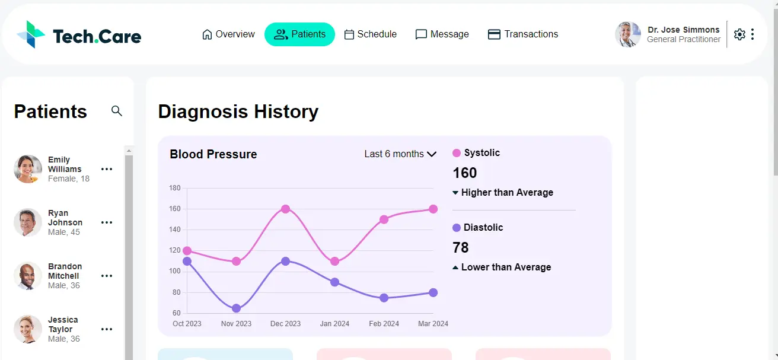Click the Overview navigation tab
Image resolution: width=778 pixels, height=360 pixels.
228,34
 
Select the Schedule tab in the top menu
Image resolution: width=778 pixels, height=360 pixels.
370,34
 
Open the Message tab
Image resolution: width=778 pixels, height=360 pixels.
442,34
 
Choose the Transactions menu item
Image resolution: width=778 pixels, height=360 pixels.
522,34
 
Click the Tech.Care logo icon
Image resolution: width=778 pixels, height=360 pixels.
31,34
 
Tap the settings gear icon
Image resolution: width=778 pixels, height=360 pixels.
739,34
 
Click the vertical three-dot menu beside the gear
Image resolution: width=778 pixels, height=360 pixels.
753,34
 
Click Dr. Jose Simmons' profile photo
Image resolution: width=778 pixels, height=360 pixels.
628,34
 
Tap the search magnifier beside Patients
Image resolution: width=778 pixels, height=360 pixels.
117,111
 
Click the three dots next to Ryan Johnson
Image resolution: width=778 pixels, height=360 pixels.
107,222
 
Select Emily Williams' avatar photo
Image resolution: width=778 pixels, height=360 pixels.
28,169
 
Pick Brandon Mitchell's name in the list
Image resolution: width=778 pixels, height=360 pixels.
65,271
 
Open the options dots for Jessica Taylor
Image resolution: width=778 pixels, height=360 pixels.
107,329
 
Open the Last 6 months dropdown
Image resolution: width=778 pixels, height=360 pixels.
400,154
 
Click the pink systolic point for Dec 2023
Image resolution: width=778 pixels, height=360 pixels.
285,209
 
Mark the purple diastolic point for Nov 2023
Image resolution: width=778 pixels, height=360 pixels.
236,308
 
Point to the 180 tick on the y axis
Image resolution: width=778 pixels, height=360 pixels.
175,188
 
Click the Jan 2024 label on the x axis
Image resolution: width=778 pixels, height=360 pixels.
334,324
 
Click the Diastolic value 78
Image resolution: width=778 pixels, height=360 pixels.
461,247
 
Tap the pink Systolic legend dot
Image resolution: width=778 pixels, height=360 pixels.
457,153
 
